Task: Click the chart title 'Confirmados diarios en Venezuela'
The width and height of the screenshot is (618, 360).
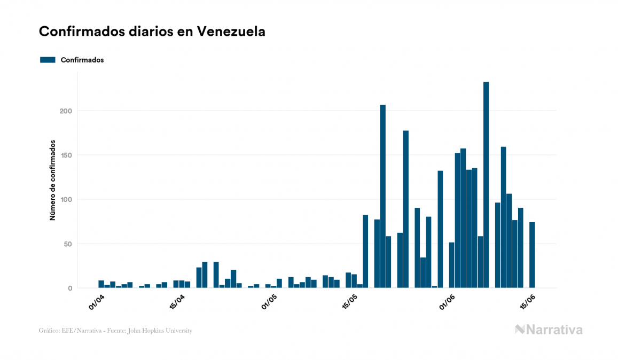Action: point(152,32)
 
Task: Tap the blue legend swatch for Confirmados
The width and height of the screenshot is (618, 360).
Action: point(48,60)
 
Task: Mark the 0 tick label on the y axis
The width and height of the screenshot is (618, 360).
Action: point(69,288)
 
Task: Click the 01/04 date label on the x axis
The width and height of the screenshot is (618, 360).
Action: point(97,301)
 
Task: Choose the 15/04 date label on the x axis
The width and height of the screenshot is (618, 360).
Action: point(177,301)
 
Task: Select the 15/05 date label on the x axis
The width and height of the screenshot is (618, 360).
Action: point(350,301)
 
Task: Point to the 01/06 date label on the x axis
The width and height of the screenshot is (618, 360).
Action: point(448,301)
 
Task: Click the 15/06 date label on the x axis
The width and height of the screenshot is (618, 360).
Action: point(528,301)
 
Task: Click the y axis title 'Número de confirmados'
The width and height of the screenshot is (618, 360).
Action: point(52,181)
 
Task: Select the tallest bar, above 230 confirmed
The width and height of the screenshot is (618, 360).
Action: point(486,184)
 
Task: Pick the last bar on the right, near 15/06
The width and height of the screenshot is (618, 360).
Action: point(532,255)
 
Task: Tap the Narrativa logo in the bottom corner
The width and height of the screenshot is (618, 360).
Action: point(549,330)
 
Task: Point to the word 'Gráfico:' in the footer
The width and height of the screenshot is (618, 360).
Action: point(50,331)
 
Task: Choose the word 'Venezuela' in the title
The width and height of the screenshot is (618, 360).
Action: point(231,32)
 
